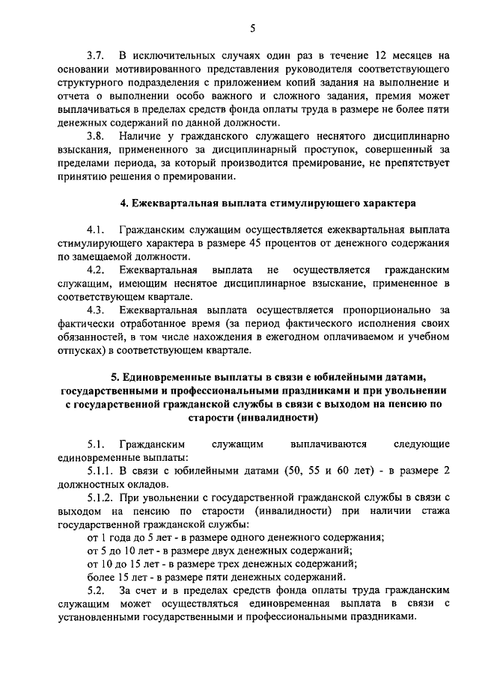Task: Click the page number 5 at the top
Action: click(252, 28)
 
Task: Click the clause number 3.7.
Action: click(95, 56)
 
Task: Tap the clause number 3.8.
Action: click(95, 137)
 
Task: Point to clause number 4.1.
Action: click(95, 230)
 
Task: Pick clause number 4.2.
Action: click(95, 269)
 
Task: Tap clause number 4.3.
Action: click(95, 310)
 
